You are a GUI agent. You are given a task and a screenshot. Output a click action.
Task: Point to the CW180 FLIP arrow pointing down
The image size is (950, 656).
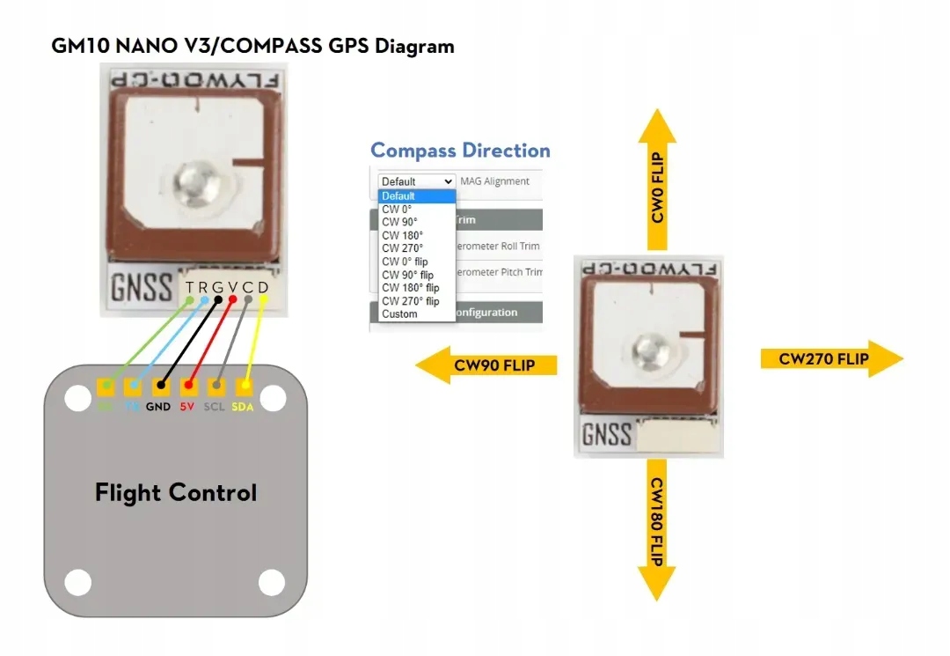pos(656,529)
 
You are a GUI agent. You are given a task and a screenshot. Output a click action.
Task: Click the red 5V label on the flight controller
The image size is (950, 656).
pos(186,408)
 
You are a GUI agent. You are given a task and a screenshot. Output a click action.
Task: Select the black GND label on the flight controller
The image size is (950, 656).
pos(158,408)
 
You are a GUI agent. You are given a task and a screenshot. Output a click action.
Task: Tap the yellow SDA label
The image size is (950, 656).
pos(243,408)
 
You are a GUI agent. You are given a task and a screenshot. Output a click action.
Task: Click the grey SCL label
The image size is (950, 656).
pos(215,408)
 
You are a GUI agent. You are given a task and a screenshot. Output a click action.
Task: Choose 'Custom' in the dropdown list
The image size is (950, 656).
pos(399,314)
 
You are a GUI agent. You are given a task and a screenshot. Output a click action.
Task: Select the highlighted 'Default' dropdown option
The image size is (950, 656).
pos(398,195)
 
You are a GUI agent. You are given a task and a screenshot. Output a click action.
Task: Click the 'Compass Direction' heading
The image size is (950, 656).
pos(460,151)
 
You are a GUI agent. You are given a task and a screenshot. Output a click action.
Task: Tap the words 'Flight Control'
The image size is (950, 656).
pos(176,492)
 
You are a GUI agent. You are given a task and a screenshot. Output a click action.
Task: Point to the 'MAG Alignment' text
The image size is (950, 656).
pos(495,181)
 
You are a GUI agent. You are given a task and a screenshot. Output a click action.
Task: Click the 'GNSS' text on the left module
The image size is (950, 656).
pos(142,288)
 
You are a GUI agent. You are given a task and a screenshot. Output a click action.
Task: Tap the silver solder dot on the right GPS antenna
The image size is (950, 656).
pos(651,348)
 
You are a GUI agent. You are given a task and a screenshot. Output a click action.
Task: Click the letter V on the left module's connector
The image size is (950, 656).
pos(232,287)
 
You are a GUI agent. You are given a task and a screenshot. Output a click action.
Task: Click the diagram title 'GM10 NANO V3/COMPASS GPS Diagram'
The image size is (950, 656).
pos(253,47)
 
